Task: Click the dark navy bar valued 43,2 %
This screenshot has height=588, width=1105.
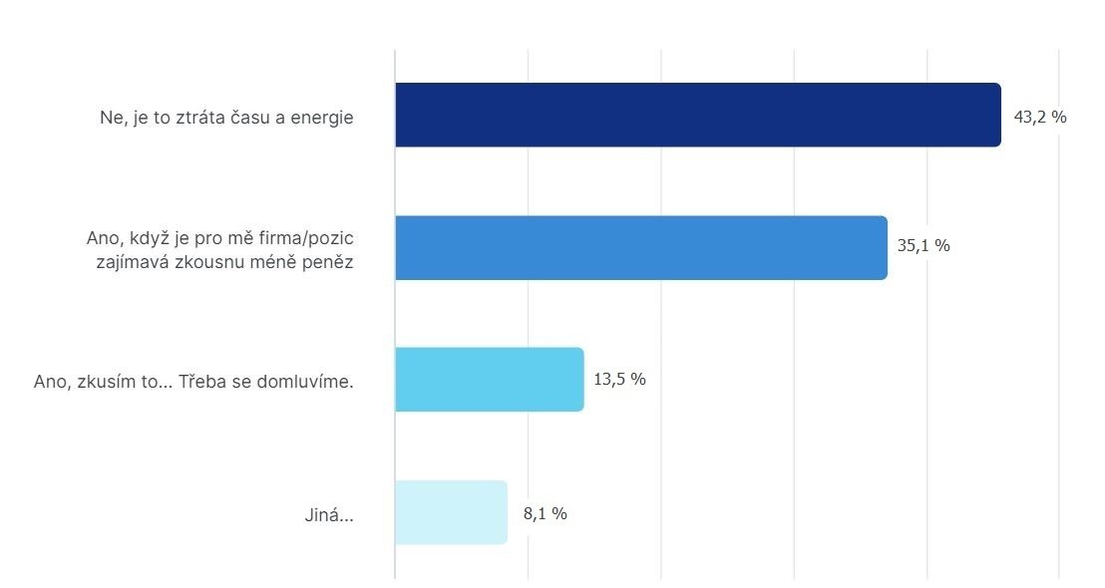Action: click(697, 116)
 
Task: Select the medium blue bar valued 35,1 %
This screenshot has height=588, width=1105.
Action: click(640, 247)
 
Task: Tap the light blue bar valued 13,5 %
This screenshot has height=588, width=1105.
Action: click(489, 380)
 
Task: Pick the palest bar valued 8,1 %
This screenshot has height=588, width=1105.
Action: click(451, 512)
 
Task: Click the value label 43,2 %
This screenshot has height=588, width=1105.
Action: click(1040, 117)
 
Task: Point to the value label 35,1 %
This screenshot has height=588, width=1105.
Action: click(923, 245)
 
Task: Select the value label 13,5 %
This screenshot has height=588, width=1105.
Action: click(620, 379)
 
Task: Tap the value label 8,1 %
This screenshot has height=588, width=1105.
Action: click(545, 513)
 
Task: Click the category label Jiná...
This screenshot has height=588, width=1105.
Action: click(328, 516)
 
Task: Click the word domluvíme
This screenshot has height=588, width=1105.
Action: click(304, 381)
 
